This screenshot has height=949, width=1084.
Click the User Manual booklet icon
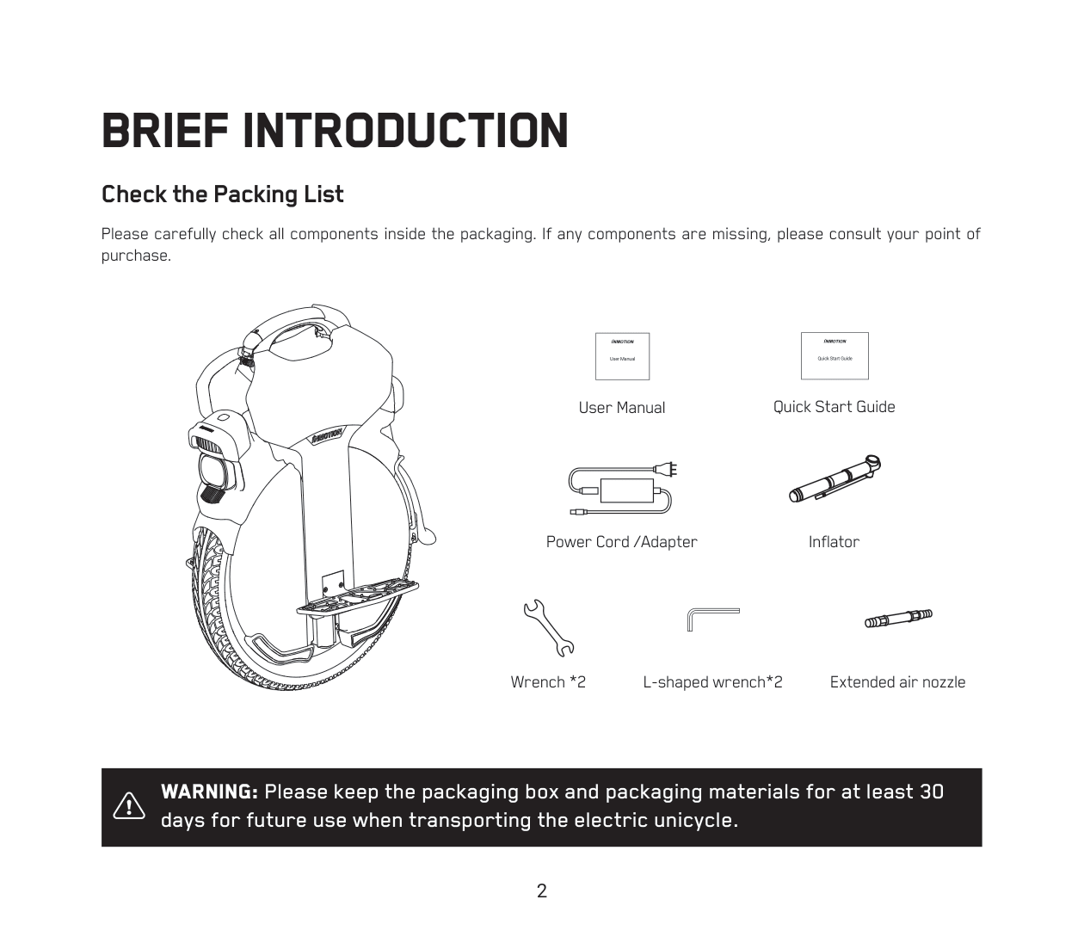click(622, 356)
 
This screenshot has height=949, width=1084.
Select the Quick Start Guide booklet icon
click(835, 355)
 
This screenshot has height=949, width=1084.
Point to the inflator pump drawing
click(835, 479)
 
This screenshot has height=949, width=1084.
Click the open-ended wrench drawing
click(548, 627)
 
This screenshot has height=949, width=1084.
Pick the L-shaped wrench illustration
click(712, 617)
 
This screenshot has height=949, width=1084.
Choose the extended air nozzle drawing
click(898, 618)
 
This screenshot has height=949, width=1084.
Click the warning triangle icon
click(129, 805)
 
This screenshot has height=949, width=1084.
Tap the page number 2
click(542, 891)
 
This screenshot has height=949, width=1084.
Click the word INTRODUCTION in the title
click(405, 131)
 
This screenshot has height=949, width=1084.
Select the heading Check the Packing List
click(223, 194)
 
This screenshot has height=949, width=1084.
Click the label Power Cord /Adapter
click(621, 542)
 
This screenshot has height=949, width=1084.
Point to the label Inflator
click(834, 542)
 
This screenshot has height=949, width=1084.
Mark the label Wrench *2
click(548, 682)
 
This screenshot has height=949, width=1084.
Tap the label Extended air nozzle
click(897, 682)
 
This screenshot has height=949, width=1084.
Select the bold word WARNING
click(209, 792)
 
